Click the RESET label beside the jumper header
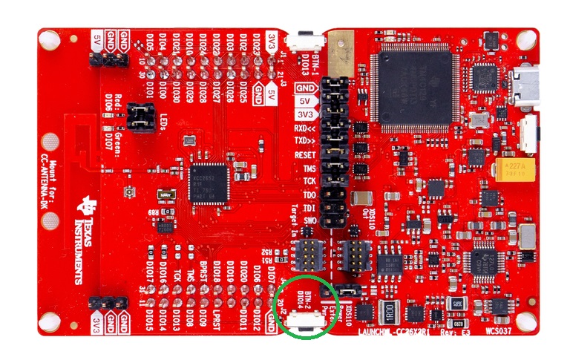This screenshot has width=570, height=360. coord(306,154)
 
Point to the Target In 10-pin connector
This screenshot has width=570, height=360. coord(306,256)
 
